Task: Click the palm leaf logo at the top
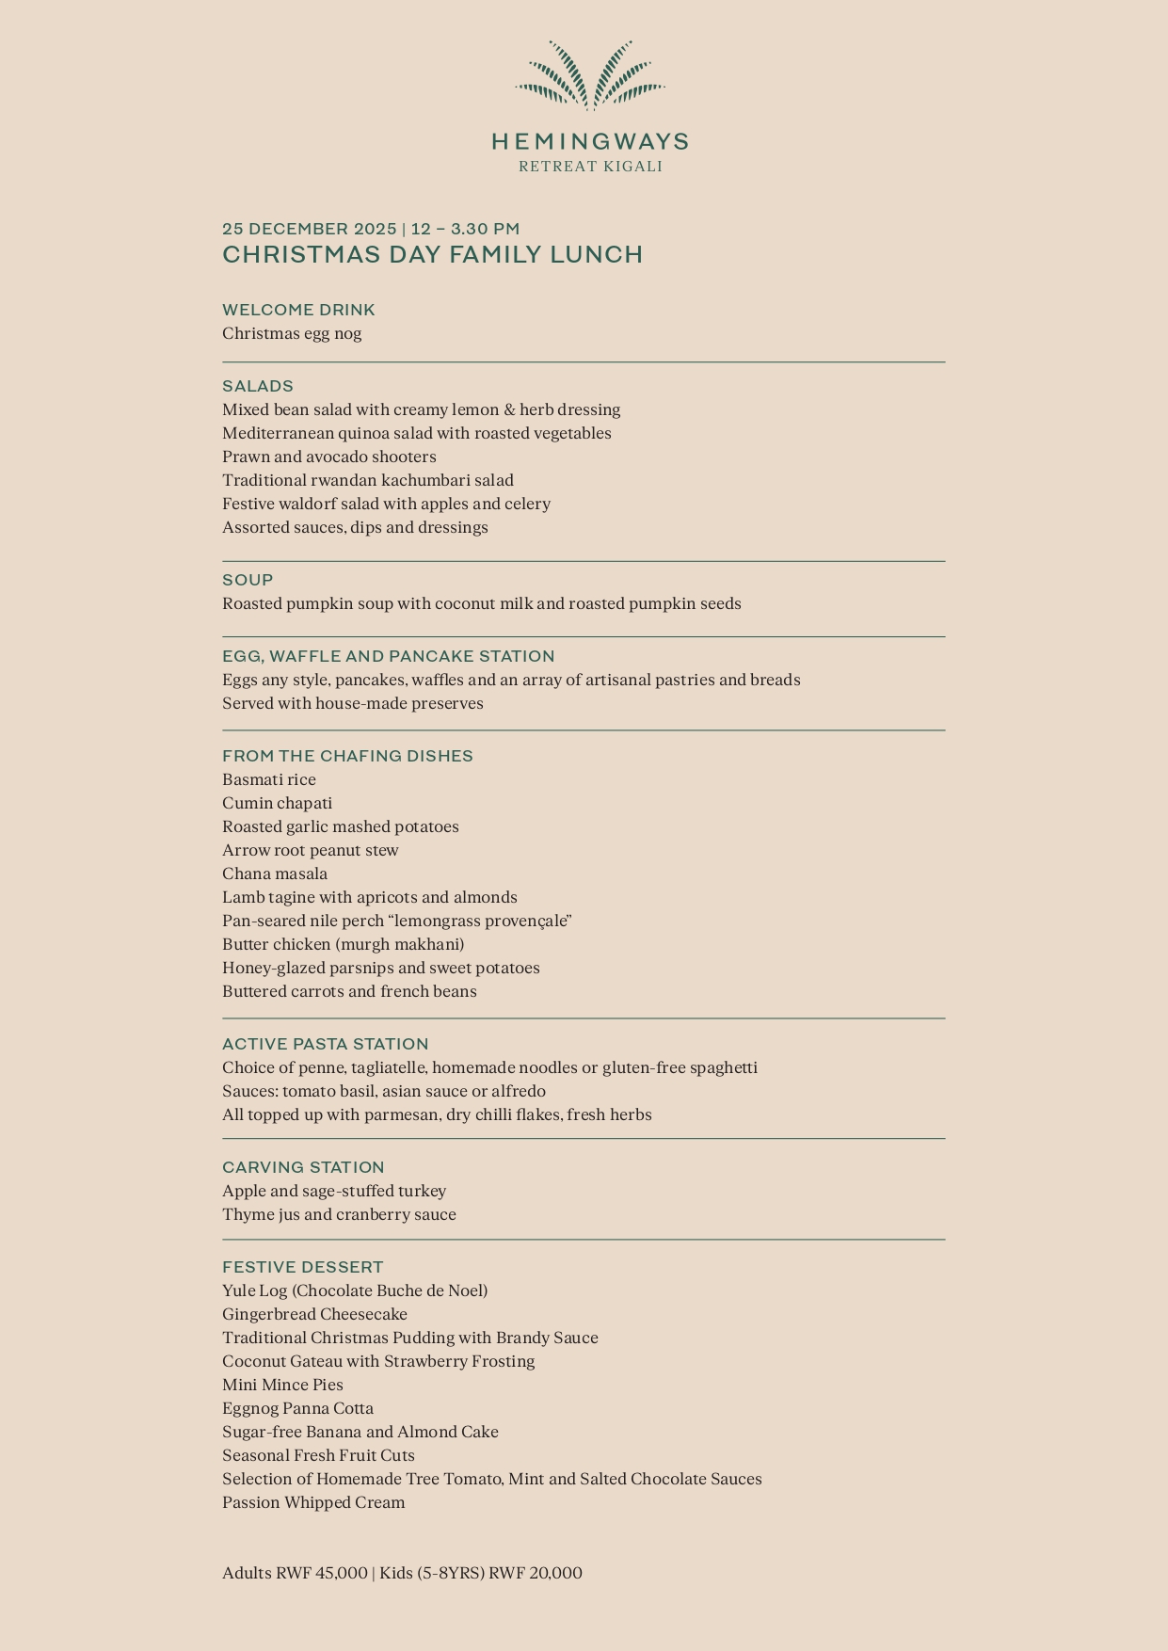pyautogui.click(x=590, y=74)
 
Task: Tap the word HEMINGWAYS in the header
pyautogui.click(x=590, y=142)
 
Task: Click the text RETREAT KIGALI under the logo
pyautogui.click(x=590, y=167)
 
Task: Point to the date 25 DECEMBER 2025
pyautogui.click(x=310, y=230)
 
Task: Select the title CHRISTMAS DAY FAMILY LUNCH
pyautogui.click(x=432, y=255)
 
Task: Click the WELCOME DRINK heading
pyautogui.click(x=298, y=310)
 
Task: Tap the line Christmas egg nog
pyautogui.click(x=292, y=333)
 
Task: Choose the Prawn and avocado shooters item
pyautogui.click(x=329, y=457)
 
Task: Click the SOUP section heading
pyautogui.click(x=248, y=580)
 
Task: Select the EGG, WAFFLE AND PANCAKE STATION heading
pyautogui.click(x=388, y=656)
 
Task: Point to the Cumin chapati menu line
pyautogui.click(x=277, y=803)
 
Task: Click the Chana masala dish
pyautogui.click(x=275, y=874)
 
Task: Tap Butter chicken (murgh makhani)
pyautogui.click(x=344, y=944)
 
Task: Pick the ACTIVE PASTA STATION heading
pyautogui.click(x=325, y=1044)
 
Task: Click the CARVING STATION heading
pyautogui.click(x=303, y=1167)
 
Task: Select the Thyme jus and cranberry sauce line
pyautogui.click(x=339, y=1214)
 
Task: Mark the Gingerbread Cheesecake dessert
pyautogui.click(x=314, y=1314)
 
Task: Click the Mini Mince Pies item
pyautogui.click(x=282, y=1385)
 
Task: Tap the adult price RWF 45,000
pyautogui.click(x=321, y=1573)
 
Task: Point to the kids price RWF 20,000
pyautogui.click(x=535, y=1573)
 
